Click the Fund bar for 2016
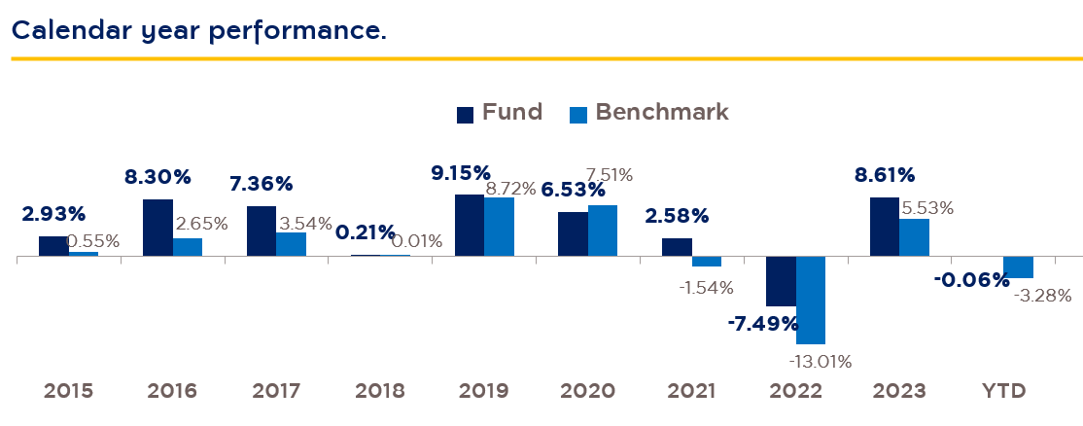coord(157,228)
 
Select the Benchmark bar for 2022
coord(811,300)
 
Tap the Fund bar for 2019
coord(470,226)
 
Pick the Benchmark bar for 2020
coord(603,231)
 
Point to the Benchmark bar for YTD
coord(1018,267)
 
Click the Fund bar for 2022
coord(781,281)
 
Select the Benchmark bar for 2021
coord(707,262)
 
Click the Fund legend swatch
coord(465,114)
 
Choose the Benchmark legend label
coord(661,112)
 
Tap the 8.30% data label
coord(157,177)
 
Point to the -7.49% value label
coord(762,323)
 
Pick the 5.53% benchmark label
coord(926,207)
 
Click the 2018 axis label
coord(379,391)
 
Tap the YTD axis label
coord(1003,391)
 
